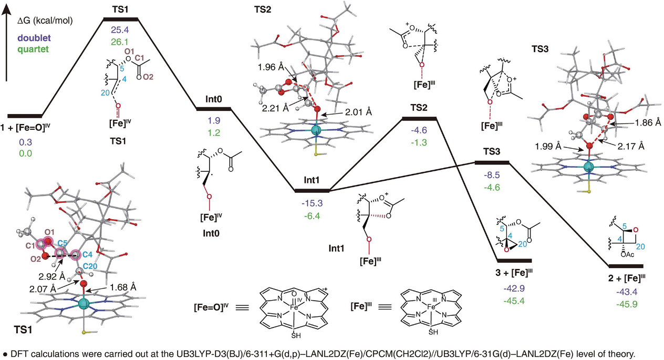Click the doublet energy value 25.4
(120, 29)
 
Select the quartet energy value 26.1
(120, 42)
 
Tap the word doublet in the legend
(34, 38)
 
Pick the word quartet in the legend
(33, 49)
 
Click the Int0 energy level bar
(214, 109)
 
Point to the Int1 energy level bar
(312, 190)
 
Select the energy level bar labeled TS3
(492, 162)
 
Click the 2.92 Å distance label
(51, 276)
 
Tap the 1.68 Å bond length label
(123, 287)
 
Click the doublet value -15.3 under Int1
(312, 203)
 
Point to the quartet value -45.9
(627, 304)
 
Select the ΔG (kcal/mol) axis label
(45, 20)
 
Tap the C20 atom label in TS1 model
(90, 266)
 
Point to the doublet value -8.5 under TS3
(492, 175)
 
